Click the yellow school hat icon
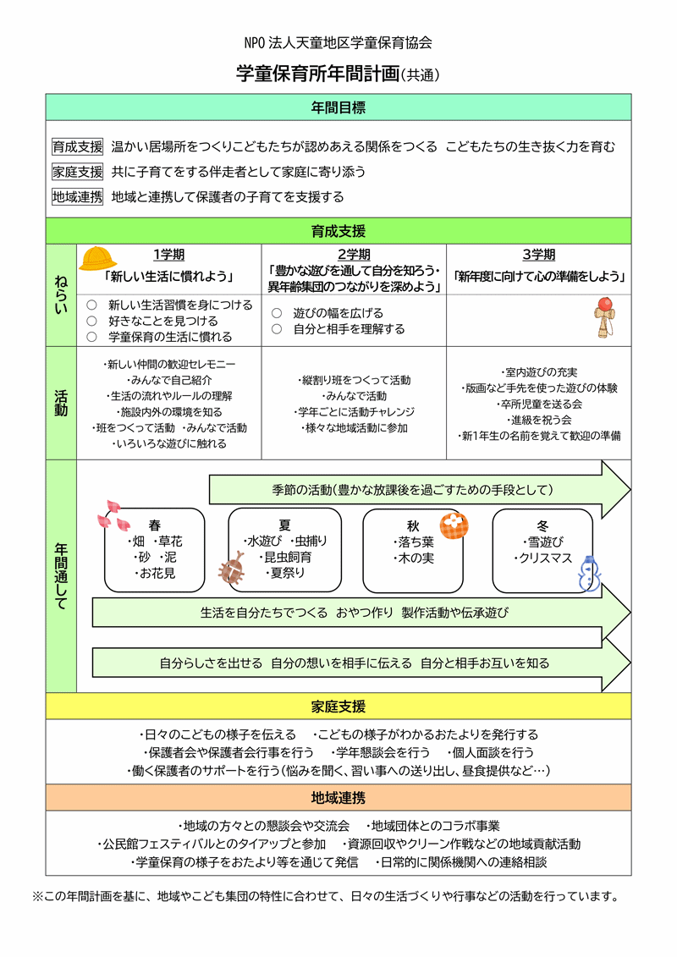pos(98,257)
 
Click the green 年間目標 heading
pos(338,107)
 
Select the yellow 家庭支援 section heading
pos(338,707)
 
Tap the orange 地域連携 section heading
pos(338,797)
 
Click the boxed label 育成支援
pos(77,146)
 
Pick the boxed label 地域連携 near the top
pos(77,197)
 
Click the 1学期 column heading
pos(169,255)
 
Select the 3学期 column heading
pos(539,255)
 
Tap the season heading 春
pos(154,525)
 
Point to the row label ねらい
pos(61,294)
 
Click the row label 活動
pos(61,403)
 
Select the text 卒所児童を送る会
pos(539,404)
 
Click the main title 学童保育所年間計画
pos(317,74)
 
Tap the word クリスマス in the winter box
pos(546,558)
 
